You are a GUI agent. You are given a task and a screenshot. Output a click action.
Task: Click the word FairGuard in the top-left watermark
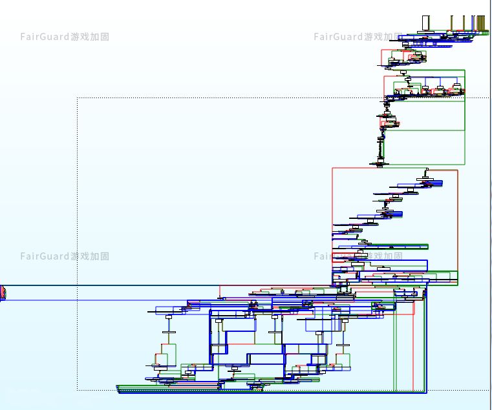(x=45, y=37)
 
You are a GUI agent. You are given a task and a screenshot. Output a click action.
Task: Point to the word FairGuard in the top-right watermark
(x=338, y=37)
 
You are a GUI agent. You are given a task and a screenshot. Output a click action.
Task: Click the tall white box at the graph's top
(x=426, y=23)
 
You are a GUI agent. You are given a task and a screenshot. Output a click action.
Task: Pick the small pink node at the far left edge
(x=3, y=293)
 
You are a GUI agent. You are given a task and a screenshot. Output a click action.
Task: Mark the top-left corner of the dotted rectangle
(x=78, y=98)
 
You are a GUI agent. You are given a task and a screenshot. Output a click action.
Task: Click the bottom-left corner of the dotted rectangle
(x=78, y=390)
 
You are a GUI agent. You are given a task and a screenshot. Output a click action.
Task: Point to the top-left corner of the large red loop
(x=333, y=169)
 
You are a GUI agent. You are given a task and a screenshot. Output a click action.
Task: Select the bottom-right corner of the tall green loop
(x=465, y=164)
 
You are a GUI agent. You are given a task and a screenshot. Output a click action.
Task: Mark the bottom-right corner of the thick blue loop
(x=426, y=392)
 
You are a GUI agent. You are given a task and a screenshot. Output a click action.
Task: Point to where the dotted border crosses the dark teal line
(x=78, y=285)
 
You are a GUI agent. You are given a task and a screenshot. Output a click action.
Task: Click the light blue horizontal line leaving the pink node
(x=97, y=300)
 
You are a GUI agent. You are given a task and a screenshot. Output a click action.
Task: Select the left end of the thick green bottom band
(x=118, y=388)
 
